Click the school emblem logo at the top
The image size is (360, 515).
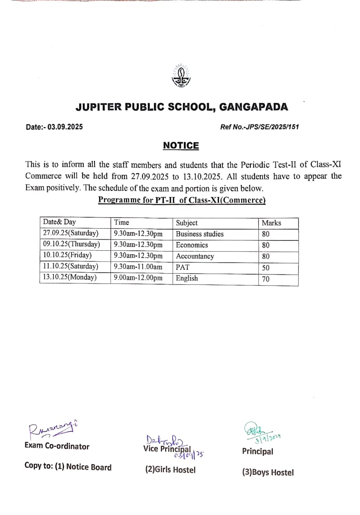[x=181, y=75]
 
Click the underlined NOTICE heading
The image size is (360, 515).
[x=181, y=145]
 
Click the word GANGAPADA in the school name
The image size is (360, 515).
[x=254, y=107]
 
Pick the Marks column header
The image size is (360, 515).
[x=272, y=223]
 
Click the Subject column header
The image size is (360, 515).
[x=187, y=223]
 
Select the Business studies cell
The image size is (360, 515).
[x=200, y=234]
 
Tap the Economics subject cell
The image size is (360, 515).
[x=192, y=245]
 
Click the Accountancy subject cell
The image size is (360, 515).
[x=195, y=256]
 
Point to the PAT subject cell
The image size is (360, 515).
[x=183, y=267]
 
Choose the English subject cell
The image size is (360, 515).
[x=187, y=278]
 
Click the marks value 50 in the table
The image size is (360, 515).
[x=266, y=268]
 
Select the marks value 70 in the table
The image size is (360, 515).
[x=266, y=279]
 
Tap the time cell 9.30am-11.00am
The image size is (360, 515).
[x=138, y=267]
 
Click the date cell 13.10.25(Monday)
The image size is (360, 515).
[x=70, y=277]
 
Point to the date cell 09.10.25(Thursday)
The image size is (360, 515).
[x=72, y=244]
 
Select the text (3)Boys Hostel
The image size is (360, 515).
[x=268, y=472]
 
